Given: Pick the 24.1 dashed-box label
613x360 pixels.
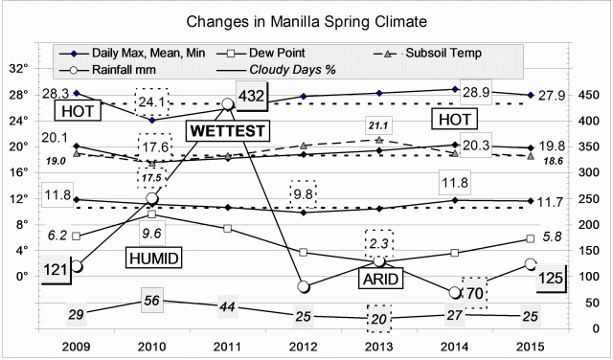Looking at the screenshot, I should (x=150, y=101).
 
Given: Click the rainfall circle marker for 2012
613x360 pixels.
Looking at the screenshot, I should (x=304, y=286).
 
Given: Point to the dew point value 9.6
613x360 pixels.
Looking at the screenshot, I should (x=151, y=233).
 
